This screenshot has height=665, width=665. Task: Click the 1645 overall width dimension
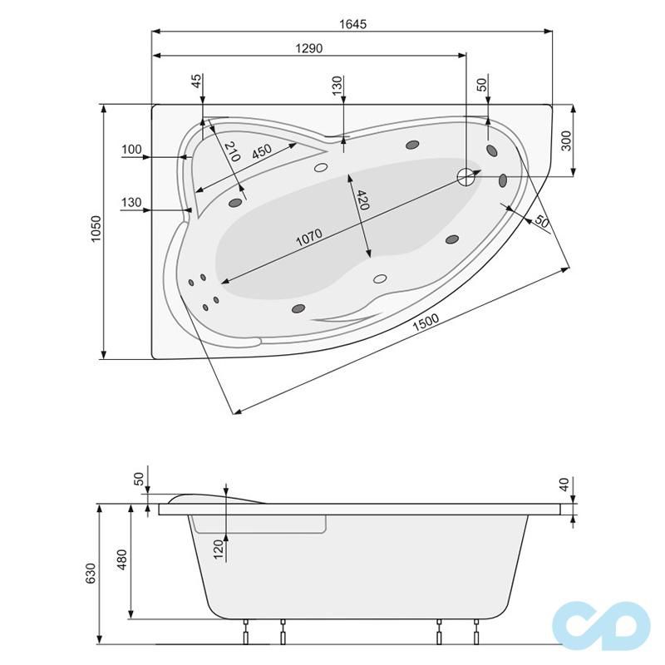click(352, 24)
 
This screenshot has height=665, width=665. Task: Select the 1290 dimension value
click(308, 49)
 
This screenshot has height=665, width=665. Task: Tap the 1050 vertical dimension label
click(96, 231)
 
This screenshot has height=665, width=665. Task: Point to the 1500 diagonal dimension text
click(425, 325)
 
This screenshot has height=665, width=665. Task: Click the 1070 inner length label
click(308, 238)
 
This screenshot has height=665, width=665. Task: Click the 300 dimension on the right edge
click(566, 140)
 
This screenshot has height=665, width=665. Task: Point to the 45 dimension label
click(196, 81)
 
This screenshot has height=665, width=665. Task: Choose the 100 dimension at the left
click(131, 150)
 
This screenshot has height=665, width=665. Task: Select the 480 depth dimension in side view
click(121, 562)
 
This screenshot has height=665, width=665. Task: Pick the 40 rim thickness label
click(564, 484)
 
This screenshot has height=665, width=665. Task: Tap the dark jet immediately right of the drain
click(503, 180)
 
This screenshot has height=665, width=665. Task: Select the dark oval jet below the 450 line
click(235, 201)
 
